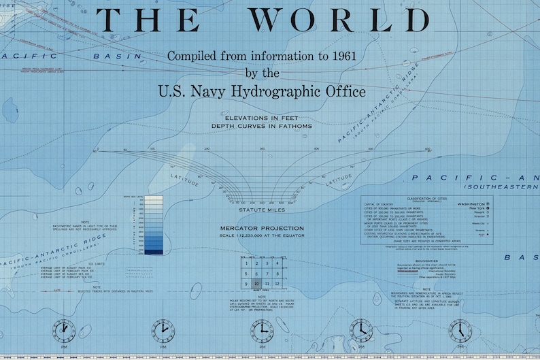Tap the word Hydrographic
pos(284,91)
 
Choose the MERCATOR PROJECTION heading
pos(260,228)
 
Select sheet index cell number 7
pos(267,273)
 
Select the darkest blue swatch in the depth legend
pos(154,252)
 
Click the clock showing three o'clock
pos(263,331)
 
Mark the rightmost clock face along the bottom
pos(460,331)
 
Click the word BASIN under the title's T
pos(119,56)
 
